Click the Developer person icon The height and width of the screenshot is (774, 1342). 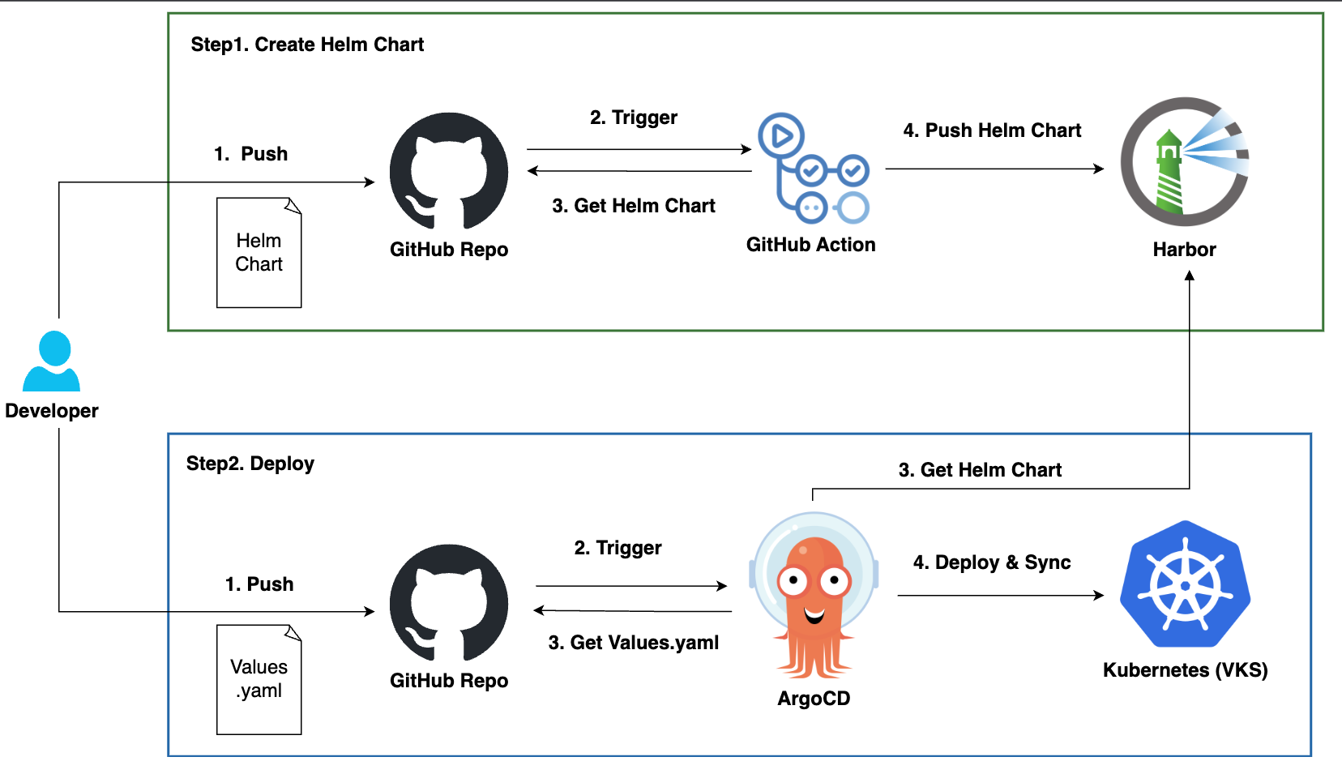pyautogui.click(x=52, y=361)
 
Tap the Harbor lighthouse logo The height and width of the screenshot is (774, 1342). pyautogui.click(x=1184, y=162)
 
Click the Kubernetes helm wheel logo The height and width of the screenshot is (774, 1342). pyautogui.click(x=1185, y=584)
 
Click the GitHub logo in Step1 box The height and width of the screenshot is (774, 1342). pyautogui.click(x=449, y=171)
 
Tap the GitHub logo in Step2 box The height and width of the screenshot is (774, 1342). pyautogui.click(x=449, y=603)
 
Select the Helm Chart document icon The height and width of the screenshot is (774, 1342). pyautogui.click(x=259, y=253)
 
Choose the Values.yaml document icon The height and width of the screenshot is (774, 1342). pyautogui.click(x=259, y=679)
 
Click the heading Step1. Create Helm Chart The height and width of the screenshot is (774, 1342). pyautogui.click(x=307, y=45)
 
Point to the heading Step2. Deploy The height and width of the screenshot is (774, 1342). pyautogui.click(x=250, y=464)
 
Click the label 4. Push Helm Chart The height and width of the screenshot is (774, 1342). pyautogui.click(x=992, y=130)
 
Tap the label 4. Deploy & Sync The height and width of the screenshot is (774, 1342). pyautogui.click(x=992, y=562)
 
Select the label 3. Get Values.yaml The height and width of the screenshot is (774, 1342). pyautogui.click(x=633, y=643)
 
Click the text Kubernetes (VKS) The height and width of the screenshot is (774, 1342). pyautogui.click(x=1185, y=670)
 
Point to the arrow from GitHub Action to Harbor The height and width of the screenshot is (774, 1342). pyautogui.click(x=994, y=169)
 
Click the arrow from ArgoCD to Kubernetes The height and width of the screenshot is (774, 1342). pyautogui.click(x=1000, y=596)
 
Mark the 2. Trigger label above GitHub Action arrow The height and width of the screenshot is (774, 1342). pyautogui.click(x=633, y=118)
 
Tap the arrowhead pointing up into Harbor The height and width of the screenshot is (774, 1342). pyautogui.click(x=1190, y=276)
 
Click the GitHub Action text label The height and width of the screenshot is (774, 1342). pyautogui.click(x=810, y=245)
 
